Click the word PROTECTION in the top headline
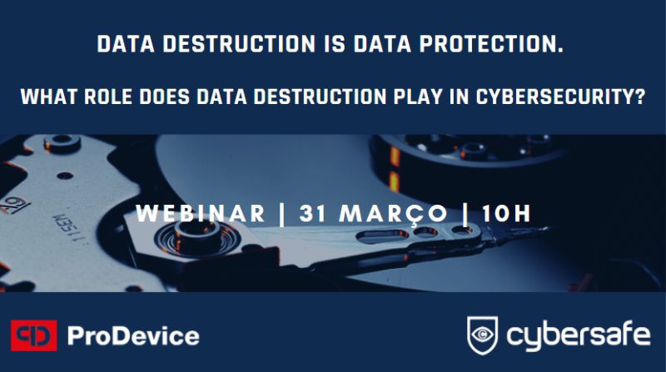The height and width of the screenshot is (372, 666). click(x=491, y=44)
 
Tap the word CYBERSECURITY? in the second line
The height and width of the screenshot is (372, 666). click(x=560, y=97)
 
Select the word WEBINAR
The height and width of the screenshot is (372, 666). click(x=201, y=213)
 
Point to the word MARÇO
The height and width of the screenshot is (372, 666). click(x=393, y=214)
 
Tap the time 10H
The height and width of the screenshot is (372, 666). click(x=507, y=213)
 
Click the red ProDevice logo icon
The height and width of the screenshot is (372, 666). click(x=34, y=335)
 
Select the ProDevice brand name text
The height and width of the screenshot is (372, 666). click(x=133, y=336)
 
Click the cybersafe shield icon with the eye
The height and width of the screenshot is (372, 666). click(x=483, y=335)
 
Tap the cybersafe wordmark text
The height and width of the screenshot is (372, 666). click(x=578, y=336)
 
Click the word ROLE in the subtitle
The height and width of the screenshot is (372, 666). click(x=108, y=97)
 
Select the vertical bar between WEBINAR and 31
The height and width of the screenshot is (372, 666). click(x=282, y=214)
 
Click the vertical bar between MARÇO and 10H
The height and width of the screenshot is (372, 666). click(x=465, y=214)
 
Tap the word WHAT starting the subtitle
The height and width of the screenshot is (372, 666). click(x=49, y=97)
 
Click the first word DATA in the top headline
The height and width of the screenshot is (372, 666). click(x=127, y=44)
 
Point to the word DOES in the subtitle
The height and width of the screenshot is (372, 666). click(x=164, y=97)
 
